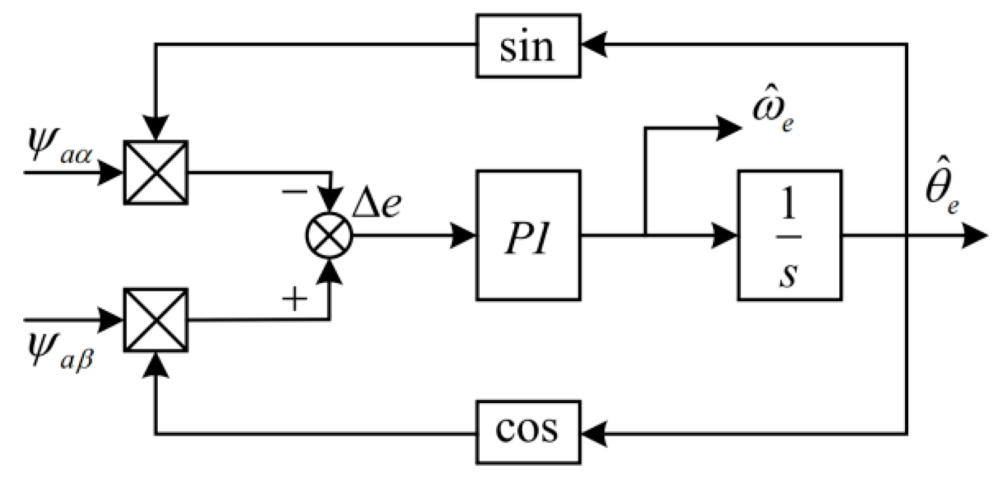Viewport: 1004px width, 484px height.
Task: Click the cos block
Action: [x=528, y=431]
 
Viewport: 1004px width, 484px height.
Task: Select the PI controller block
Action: [x=528, y=235]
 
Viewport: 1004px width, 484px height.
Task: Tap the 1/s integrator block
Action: [x=789, y=235]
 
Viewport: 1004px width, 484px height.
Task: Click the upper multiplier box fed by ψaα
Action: [x=156, y=172]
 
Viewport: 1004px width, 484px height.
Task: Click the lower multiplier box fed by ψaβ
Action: [x=156, y=320]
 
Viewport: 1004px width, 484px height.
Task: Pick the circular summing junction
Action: [x=329, y=236]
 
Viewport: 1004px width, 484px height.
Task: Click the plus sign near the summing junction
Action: [x=294, y=300]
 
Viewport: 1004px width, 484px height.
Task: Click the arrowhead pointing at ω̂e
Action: [x=728, y=128]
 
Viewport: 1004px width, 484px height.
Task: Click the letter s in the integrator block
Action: [x=788, y=274]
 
